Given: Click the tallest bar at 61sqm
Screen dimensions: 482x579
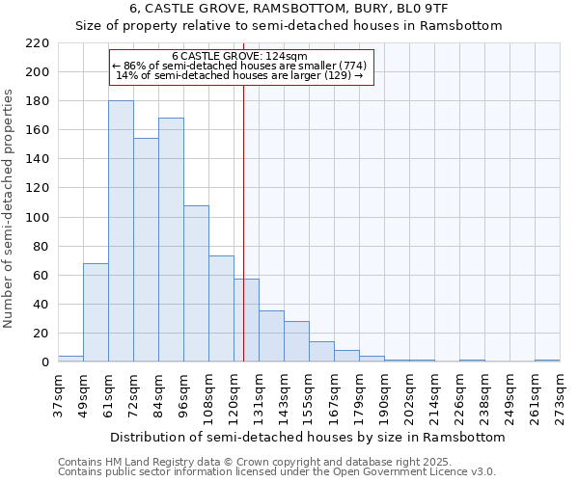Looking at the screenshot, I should (x=121, y=231).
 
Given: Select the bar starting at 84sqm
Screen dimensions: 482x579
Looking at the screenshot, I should (x=171, y=240).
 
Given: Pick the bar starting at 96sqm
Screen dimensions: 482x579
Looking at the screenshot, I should (x=196, y=283).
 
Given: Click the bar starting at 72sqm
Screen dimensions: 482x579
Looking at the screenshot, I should (x=146, y=250).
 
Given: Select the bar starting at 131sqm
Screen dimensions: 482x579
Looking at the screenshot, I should (x=271, y=336).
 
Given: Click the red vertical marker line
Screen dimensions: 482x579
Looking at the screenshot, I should (x=243, y=241).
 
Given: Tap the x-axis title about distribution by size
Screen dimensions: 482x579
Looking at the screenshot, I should (x=307, y=437).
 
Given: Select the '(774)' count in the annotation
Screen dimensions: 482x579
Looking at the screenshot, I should (x=349, y=66).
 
